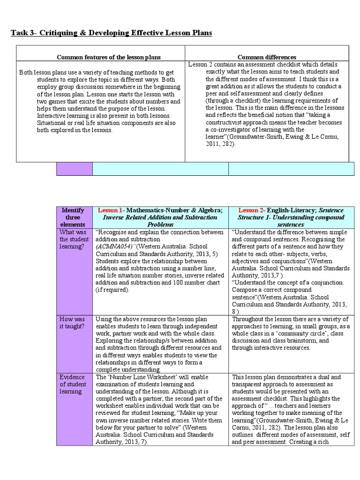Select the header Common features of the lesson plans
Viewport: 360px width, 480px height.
(109, 57)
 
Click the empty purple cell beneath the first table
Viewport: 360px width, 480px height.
(74, 169)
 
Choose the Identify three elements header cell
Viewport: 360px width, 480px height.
(73, 217)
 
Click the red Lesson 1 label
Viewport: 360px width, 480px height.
(110, 210)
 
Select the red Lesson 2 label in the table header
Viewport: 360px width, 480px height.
(252, 210)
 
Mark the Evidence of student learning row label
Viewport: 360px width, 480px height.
(73, 384)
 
